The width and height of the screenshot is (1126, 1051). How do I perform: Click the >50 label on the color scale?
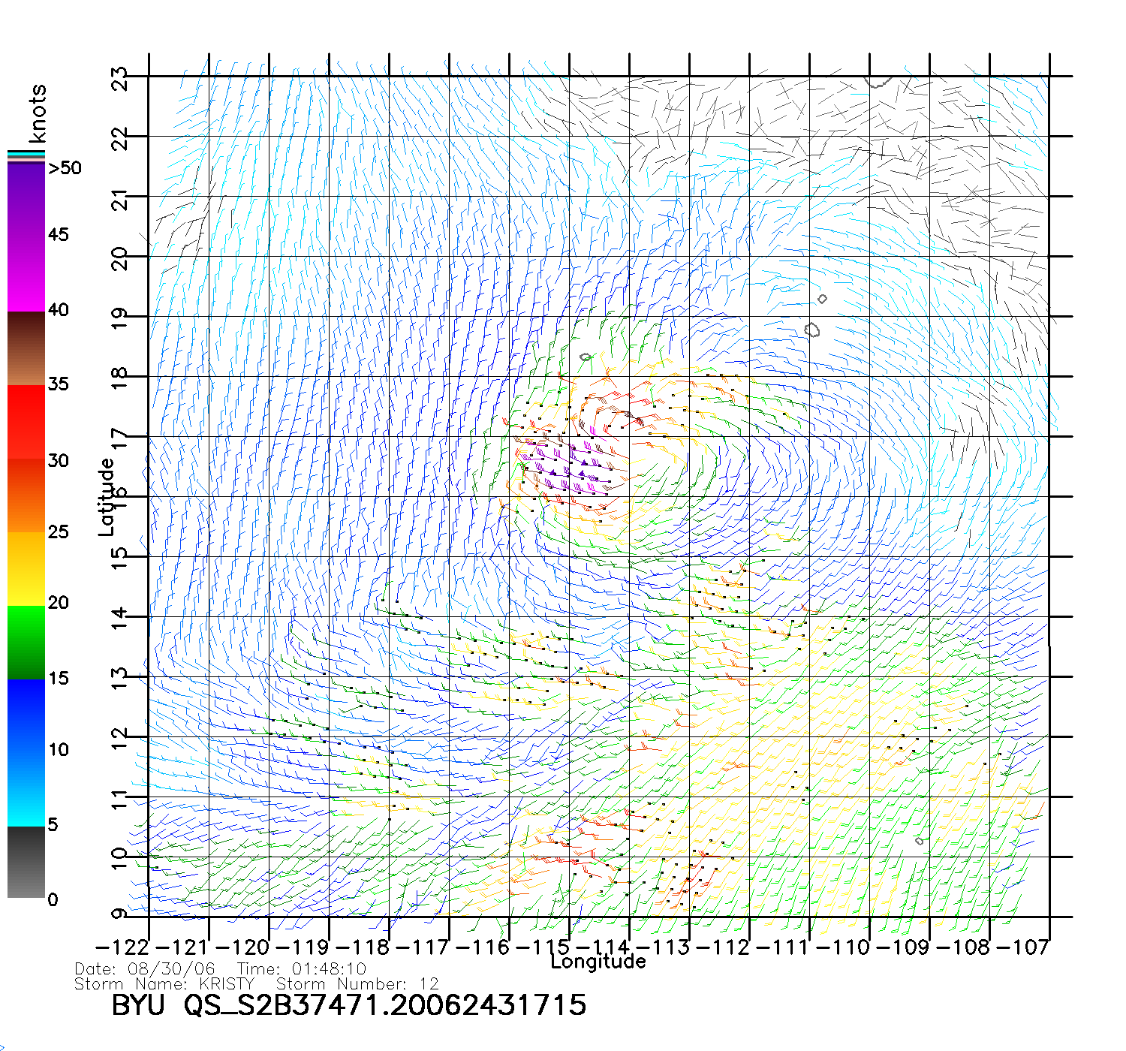65,168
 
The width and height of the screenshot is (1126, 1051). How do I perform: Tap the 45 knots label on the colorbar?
59,235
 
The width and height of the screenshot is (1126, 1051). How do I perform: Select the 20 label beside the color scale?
59,603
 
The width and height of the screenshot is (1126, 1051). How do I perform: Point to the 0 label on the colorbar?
53,899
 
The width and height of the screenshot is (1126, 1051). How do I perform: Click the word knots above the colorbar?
38,113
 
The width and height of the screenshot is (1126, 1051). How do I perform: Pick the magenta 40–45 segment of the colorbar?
26,274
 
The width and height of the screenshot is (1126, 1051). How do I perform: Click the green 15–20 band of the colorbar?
26,642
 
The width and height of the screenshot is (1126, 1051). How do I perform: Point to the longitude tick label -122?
122,947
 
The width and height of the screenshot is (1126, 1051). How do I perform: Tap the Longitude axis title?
598,962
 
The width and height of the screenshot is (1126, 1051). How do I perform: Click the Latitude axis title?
107,497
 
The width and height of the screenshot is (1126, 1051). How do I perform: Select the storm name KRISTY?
227,984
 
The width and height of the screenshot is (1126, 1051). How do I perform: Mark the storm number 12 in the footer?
429,984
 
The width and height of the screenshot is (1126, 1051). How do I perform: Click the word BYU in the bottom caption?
137,1005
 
